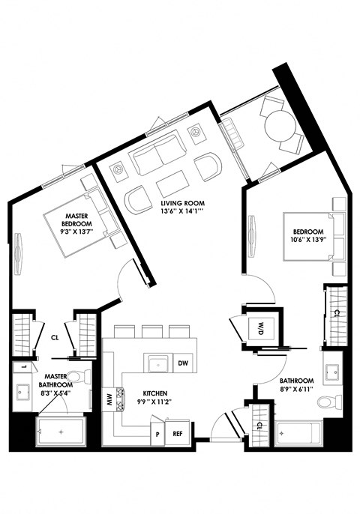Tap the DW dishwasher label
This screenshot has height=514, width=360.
point(182,364)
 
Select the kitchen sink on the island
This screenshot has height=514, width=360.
point(157,364)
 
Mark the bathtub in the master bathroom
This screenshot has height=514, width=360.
point(61,432)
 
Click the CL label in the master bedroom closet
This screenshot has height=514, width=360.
point(55,337)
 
